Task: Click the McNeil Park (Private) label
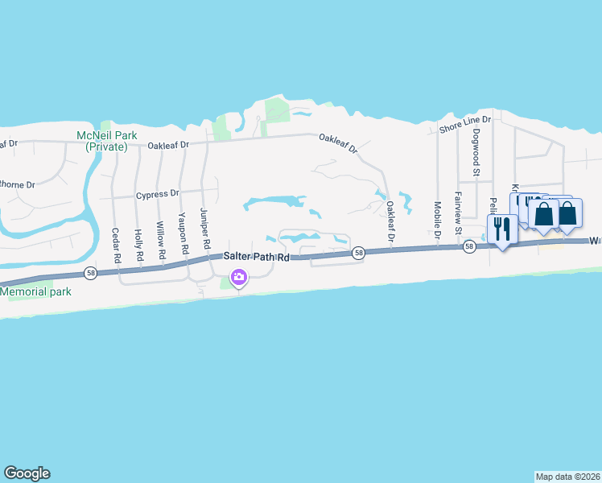pos(103,141)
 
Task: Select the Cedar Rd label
pos(117,246)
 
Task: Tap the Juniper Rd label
pos(205,228)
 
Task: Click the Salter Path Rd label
pos(256,255)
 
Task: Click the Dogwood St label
pos(476,153)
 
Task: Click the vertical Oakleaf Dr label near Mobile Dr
pos(390,222)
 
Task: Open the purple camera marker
pos(238,279)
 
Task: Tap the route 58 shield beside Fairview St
pos(468,248)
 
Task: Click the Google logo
pos(27,473)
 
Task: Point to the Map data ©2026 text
pos(567,476)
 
